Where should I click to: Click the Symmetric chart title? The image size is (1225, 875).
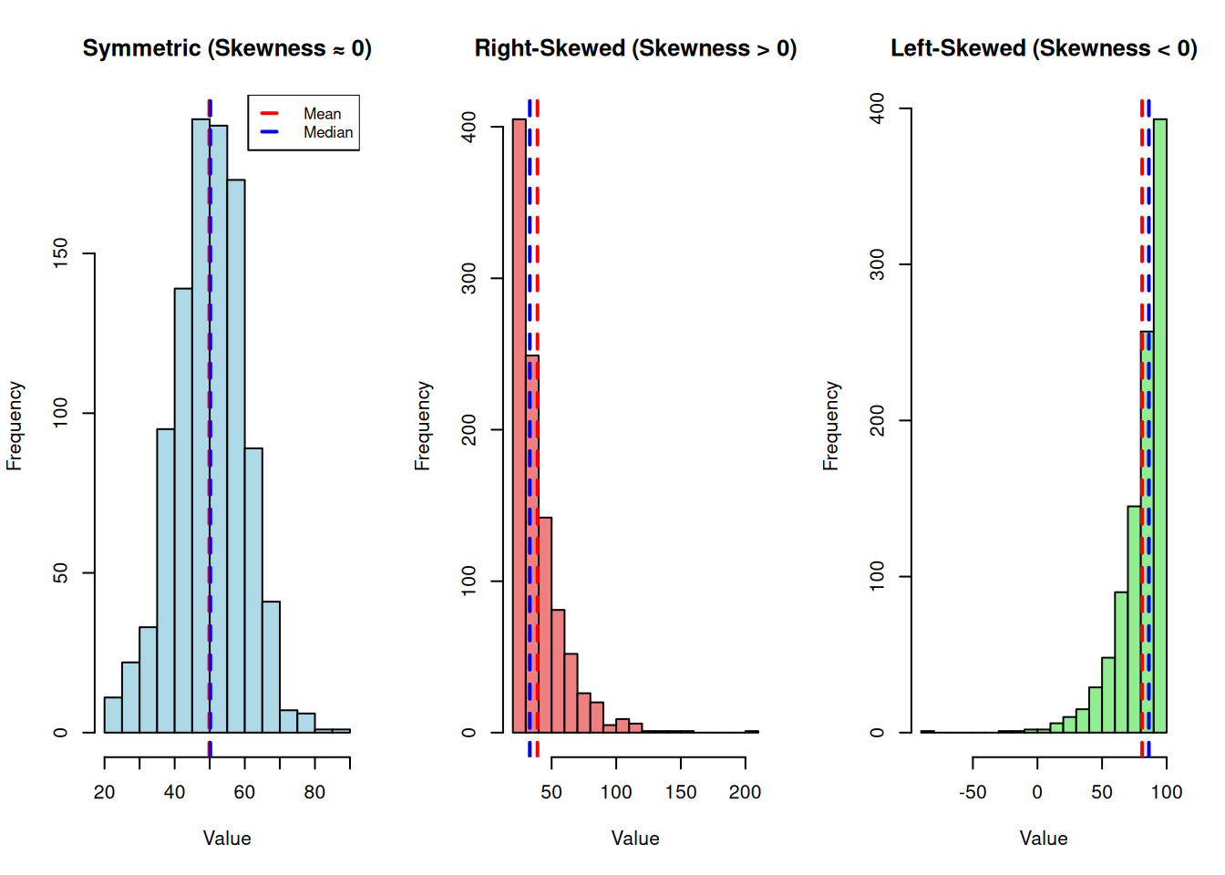227,48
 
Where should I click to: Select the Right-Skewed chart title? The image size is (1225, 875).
635,48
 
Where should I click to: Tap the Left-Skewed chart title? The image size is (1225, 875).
1044,48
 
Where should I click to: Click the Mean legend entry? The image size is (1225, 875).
322,114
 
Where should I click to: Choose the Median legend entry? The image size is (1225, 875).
327,132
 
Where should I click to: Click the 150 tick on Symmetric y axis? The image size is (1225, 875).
61,253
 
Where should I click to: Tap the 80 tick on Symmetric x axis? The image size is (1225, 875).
314,792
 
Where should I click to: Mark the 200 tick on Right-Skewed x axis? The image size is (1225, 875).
745,792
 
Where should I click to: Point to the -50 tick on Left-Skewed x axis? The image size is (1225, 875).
973,792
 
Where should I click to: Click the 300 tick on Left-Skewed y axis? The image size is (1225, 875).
878,264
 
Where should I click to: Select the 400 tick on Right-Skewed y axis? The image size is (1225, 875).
469,127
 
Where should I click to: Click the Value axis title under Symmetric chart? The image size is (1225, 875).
227,839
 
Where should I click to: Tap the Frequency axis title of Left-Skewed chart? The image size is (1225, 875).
830,426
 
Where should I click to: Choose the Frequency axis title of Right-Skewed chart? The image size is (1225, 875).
422,426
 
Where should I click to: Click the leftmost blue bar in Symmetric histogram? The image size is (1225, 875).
113,715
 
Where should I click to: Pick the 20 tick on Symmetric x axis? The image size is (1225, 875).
105,792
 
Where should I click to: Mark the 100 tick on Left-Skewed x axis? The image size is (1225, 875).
1167,792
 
